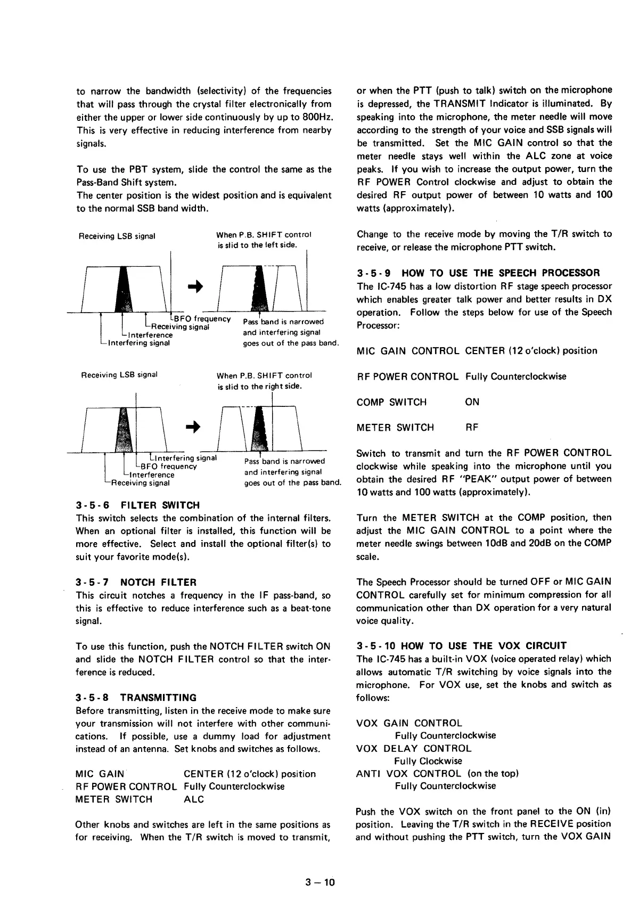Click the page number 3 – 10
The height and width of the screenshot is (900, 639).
[319, 882]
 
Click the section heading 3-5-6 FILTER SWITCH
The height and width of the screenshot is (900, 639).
[138, 505]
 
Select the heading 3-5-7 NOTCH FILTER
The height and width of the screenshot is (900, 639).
[136, 582]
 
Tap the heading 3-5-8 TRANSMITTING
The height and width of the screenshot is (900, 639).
[136, 698]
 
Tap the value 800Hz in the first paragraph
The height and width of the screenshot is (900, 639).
[317, 117]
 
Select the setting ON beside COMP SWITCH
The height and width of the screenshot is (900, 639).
[472, 402]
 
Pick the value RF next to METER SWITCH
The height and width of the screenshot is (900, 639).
[472, 427]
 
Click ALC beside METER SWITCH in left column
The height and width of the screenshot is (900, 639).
[194, 799]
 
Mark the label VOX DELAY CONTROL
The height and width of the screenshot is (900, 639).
[414, 748]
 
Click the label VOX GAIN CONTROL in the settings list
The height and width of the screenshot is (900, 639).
[409, 723]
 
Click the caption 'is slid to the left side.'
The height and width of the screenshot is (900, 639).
[257, 245]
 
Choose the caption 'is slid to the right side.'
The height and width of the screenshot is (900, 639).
[260, 386]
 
